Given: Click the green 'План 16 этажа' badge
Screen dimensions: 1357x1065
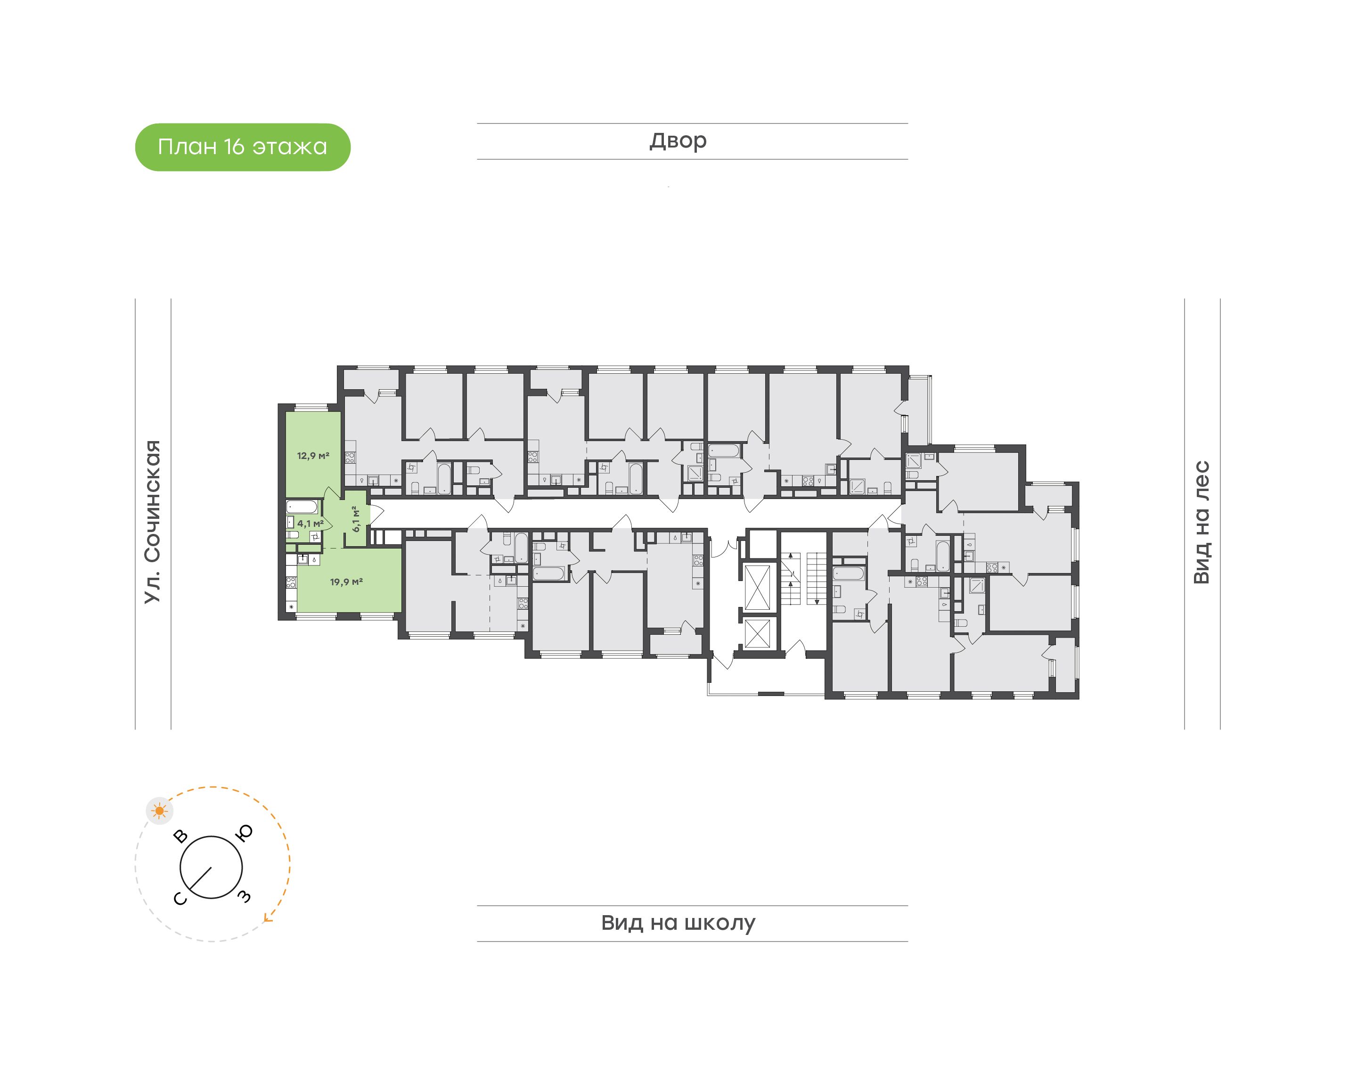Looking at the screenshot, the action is click(x=243, y=147).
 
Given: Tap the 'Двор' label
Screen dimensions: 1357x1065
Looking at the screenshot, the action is click(x=678, y=141).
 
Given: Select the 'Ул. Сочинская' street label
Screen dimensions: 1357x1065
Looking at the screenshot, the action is click(x=153, y=522).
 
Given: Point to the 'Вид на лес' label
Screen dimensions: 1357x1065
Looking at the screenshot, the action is click(x=1201, y=523).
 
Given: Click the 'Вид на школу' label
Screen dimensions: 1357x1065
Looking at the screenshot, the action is click(x=678, y=923).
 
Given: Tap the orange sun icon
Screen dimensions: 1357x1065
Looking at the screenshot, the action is click(x=160, y=811).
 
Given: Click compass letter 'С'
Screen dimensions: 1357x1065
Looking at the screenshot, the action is click(x=180, y=898).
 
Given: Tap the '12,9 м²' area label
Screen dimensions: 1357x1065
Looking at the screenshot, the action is click(x=313, y=456).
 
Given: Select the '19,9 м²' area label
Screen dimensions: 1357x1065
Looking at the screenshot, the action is click(x=347, y=582).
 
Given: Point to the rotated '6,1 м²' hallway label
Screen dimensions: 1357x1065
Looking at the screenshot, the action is click(x=356, y=519).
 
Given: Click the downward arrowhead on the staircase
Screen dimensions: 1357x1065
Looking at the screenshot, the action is click(x=817, y=602).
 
